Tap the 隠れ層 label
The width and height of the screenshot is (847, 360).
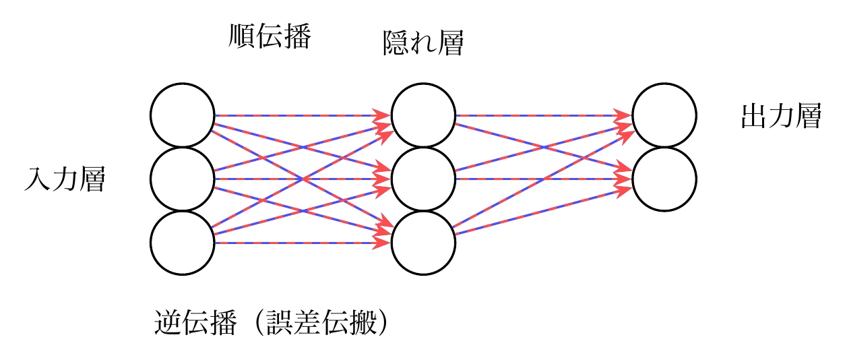422,44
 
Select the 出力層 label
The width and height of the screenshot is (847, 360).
780,117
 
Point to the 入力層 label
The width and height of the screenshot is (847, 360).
65,180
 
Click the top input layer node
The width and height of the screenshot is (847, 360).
183,115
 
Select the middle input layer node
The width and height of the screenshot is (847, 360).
183,179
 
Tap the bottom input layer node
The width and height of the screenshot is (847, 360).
183,243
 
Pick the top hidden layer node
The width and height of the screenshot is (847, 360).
423,115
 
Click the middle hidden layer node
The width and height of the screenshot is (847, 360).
423,179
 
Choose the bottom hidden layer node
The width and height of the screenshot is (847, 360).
423,243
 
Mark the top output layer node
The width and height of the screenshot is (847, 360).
664,115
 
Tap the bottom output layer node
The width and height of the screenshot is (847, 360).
664,179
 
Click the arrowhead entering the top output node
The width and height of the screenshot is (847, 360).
625,116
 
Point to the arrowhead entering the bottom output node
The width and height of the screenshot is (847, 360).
625,179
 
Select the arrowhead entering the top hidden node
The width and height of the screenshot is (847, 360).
384,116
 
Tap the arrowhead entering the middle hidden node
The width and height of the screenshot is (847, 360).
384,179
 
